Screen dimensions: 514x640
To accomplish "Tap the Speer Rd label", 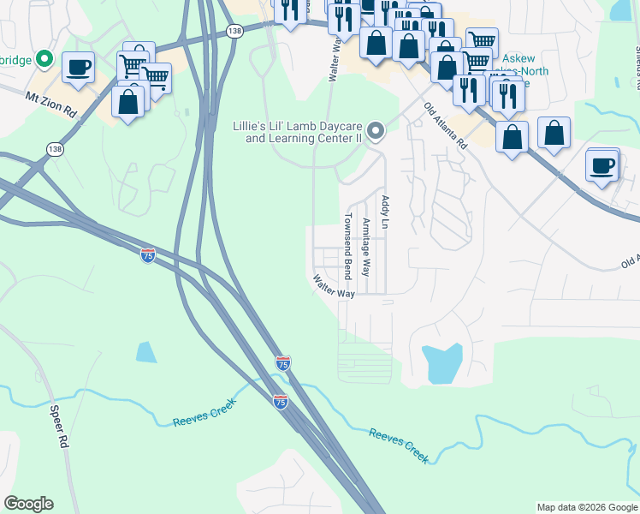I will [x=58, y=427].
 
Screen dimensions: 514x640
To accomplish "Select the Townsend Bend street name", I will [x=348, y=246].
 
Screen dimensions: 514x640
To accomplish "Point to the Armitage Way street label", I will [x=366, y=247].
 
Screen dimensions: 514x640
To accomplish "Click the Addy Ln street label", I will [x=385, y=212].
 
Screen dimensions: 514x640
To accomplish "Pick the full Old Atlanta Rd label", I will [x=445, y=127].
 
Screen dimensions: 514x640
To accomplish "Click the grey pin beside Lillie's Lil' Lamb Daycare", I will [x=376, y=131].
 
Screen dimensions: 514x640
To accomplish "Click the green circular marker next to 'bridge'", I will [x=45, y=60].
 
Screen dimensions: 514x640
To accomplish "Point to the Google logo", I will [x=28, y=504].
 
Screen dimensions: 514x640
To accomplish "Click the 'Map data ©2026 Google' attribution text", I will [x=587, y=507].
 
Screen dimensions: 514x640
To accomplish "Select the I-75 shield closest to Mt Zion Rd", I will [x=147, y=255].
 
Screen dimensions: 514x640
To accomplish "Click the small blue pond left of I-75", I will [x=146, y=351].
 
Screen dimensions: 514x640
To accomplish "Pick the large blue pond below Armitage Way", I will [x=443, y=363].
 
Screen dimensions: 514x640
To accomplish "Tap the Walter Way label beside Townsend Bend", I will [x=334, y=286].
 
